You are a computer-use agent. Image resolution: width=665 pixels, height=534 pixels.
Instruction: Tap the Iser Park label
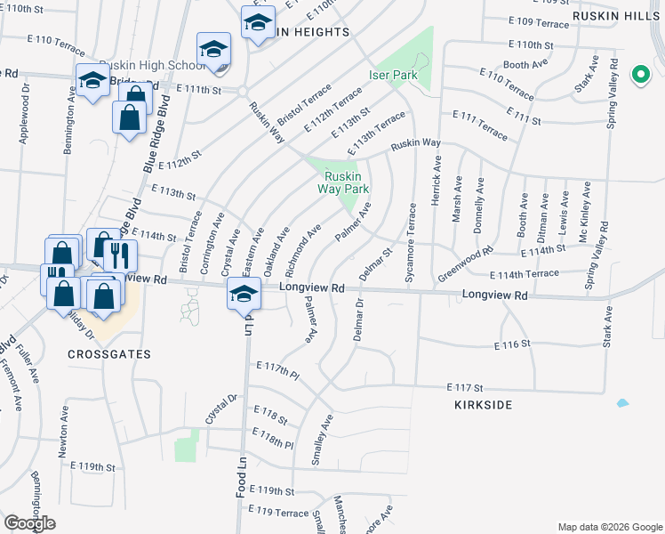click(x=393, y=76)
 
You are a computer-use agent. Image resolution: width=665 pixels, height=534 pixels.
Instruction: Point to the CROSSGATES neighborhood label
click(x=109, y=353)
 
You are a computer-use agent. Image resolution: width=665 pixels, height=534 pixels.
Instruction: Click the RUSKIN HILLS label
click(x=631, y=15)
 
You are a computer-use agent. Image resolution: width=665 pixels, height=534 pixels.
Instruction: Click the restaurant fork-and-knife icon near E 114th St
click(x=119, y=255)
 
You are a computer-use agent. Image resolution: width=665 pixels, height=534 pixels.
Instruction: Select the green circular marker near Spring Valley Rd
click(x=639, y=75)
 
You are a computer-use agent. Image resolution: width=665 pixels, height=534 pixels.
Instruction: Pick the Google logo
click(x=29, y=523)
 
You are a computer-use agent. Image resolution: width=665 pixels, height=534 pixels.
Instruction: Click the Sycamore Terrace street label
click(x=411, y=242)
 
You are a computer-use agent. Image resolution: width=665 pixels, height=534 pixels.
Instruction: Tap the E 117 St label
click(x=465, y=388)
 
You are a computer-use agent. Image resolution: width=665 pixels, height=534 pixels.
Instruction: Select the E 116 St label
click(x=512, y=344)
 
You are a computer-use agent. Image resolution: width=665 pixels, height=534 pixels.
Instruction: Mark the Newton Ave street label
click(x=63, y=433)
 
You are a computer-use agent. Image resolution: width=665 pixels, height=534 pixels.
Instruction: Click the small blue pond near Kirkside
click(x=622, y=403)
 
